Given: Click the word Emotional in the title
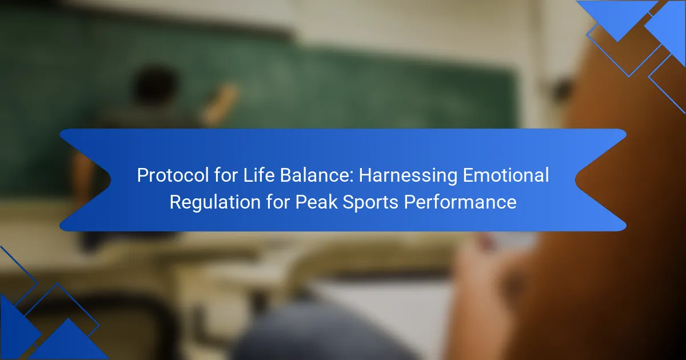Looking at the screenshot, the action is pyautogui.click(x=505, y=175).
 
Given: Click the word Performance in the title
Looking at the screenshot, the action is pyautogui.click(x=460, y=202).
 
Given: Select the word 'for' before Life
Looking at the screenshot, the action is pyautogui.click(x=226, y=175).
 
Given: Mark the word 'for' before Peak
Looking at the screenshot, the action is pyautogui.click(x=278, y=202).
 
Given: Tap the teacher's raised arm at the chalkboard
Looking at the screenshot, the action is pyautogui.click(x=220, y=103).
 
